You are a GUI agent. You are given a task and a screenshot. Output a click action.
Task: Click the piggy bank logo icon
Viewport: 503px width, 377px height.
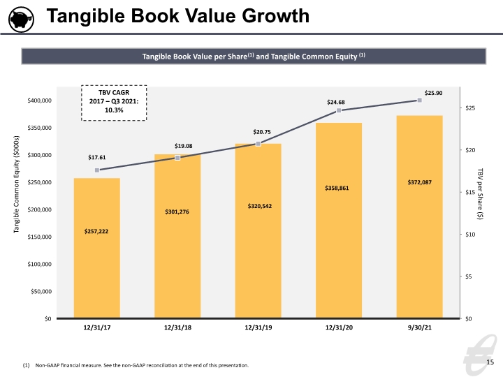21,20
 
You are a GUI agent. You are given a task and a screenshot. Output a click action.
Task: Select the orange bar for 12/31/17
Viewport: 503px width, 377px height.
97,248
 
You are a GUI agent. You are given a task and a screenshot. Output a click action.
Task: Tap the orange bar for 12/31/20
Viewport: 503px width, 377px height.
339,220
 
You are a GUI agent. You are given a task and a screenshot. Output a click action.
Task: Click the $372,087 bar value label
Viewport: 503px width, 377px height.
420,182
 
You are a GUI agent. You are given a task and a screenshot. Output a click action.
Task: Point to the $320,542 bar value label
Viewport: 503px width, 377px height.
259,206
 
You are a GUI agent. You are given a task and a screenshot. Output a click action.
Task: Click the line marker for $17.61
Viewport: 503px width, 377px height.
97,170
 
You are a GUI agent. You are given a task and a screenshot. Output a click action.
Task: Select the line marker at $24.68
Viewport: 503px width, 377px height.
339,110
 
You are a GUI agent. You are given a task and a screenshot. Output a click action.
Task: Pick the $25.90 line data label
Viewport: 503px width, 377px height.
433,93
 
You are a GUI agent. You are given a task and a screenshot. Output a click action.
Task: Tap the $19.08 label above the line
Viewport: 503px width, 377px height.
184,146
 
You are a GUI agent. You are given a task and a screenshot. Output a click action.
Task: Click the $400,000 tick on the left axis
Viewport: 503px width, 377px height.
39,101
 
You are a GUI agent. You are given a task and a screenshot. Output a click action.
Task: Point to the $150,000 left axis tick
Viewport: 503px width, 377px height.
39,237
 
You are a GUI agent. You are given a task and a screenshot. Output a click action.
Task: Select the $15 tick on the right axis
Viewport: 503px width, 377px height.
470,193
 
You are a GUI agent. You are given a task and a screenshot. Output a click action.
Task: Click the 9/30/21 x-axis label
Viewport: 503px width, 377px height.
420,327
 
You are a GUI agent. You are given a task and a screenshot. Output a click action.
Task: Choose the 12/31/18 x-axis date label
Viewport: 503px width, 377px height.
177,327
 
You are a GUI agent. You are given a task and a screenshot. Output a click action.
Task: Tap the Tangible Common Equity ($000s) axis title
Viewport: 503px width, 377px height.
16,184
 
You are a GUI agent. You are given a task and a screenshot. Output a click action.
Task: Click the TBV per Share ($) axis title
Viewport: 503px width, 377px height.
480,194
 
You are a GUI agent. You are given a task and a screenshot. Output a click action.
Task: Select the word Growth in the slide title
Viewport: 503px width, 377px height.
276,15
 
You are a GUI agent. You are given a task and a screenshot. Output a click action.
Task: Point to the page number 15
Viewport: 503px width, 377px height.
490,362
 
